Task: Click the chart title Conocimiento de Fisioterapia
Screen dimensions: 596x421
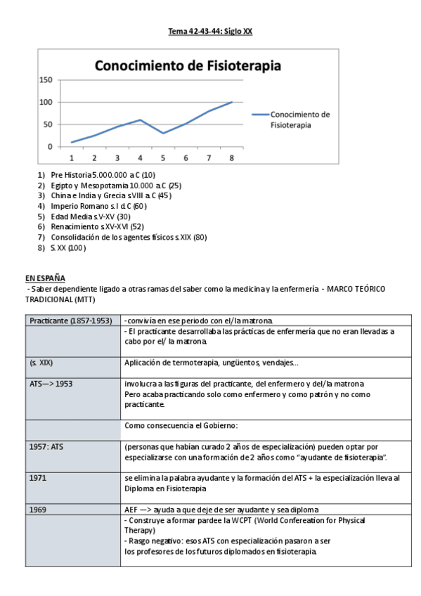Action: (188, 66)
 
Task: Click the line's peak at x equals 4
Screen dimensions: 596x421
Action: (141, 120)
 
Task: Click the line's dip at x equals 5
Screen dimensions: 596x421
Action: (163, 133)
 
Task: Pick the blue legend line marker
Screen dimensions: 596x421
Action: (259, 115)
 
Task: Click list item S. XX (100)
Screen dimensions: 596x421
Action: (68, 248)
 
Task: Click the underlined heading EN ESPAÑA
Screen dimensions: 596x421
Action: (45, 278)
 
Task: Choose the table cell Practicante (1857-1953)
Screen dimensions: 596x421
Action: (71, 320)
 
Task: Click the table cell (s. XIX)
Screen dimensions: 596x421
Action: (41, 363)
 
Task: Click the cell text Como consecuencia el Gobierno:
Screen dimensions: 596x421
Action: (181, 426)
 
